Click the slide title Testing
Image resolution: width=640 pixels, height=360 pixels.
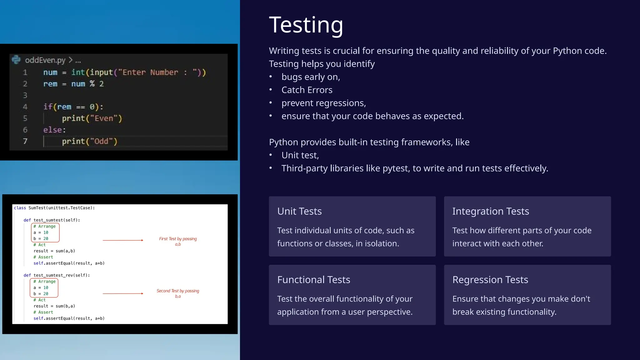click(306, 25)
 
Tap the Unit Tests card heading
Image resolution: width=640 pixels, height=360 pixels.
click(299, 212)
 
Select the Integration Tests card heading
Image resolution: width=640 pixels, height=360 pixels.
click(490, 212)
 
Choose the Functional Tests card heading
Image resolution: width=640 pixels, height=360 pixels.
click(313, 280)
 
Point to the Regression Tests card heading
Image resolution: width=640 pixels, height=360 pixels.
click(490, 280)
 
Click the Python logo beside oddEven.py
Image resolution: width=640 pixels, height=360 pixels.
click(16, 59)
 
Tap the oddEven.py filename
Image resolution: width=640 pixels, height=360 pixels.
click(45, 60)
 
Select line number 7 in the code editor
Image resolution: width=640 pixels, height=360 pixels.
click(25, 141)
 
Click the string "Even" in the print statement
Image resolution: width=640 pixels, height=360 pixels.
click(103, 118)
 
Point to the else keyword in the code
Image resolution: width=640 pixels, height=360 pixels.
click(54, 130)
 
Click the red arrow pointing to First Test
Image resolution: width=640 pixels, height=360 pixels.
click(123, 240)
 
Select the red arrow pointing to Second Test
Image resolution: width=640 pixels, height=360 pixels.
click(123, 293)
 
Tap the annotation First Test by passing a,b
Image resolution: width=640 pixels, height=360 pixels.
click(178, 241)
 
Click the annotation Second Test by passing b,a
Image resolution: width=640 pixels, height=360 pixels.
click(178, 293)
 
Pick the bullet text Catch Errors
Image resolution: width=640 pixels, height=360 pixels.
click(307, 90)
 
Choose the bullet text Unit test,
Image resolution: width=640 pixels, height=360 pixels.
click(300, 155)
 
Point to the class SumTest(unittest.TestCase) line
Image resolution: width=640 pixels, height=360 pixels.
click(54, 208)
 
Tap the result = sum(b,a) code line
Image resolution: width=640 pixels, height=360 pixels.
click(54, 306)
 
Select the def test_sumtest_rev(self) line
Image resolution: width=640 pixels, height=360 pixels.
click(57, 275)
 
